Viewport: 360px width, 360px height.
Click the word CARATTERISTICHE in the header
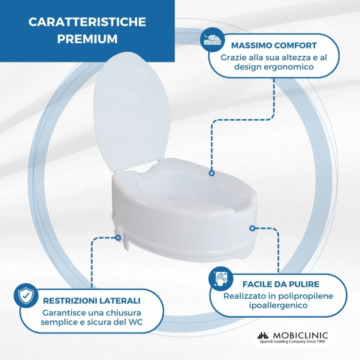(87, 22)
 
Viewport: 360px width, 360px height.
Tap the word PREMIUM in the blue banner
(87, 39)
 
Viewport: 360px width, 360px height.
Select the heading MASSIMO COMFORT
(274, 45)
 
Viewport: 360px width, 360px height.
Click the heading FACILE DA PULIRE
(281, 284)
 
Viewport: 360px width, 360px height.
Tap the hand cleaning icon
(221, 279)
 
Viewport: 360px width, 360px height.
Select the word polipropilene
(306, 296)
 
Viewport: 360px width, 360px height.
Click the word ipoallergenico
(278, 306)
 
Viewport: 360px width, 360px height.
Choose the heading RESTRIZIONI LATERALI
(92, 301)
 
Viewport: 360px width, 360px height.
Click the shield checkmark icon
(26, 296)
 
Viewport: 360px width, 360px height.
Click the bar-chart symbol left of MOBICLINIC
(263, 336)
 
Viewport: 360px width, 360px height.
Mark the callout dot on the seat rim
(211, 173)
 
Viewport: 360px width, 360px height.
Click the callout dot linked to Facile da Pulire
(252, 228)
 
